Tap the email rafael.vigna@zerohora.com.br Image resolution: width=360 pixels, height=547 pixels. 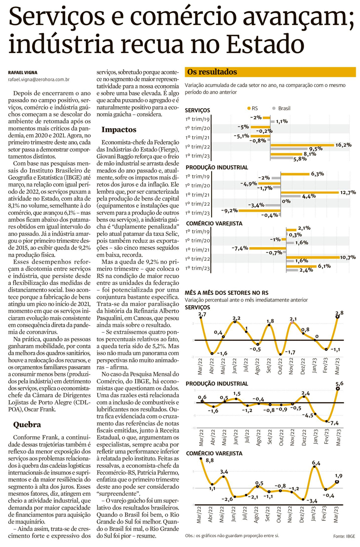click(x=39, y=79)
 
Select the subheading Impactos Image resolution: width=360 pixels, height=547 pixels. click(x=119, y=129)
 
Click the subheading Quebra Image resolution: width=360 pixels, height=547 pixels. click(x=27, y=424)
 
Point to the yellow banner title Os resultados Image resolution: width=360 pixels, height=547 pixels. click(x=212, y=72)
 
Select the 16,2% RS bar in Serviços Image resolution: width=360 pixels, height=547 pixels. click(x=302, y=145)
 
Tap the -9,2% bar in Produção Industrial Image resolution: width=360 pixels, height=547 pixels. click(x=259, y=210)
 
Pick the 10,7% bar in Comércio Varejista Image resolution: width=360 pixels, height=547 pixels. click(x=312, y=257)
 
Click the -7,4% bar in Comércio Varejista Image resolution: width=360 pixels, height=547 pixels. click(x=267, y=248)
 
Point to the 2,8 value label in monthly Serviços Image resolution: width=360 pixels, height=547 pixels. click(x=339, y=313)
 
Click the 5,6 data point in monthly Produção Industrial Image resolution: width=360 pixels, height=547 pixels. click(x=338, y=388)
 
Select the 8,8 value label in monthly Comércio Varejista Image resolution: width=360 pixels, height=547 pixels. click(x=209, y=460)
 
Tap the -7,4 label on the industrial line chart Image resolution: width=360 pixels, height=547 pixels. click(x=334, y=423)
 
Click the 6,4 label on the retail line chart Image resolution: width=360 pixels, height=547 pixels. click(x=316, y=463)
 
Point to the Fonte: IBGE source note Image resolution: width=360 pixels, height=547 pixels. click(x=344, y=536)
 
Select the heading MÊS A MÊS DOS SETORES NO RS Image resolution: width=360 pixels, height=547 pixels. click(x=226, y=292)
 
